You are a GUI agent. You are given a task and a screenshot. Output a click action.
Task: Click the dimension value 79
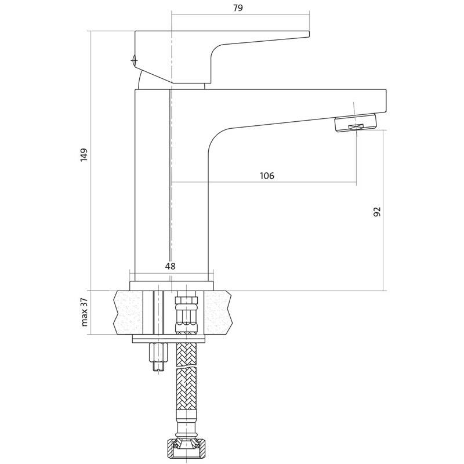point(238,8)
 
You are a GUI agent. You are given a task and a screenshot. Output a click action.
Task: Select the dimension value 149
point(84,155)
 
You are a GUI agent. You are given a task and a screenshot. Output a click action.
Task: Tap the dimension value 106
point(267,176)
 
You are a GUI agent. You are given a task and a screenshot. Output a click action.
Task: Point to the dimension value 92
point(377,212)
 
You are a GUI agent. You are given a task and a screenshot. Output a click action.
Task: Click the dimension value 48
point(170,266)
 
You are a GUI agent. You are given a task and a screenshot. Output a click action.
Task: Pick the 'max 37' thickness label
point(84,312)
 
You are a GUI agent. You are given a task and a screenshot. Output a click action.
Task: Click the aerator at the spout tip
point(356,124)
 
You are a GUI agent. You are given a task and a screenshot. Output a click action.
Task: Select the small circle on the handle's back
point(135,61)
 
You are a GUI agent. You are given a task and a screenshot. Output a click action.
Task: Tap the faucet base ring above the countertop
point(172,285)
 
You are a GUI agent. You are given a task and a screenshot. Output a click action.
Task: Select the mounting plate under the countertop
point(169,339)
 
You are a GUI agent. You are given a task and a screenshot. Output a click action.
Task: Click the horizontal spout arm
point(296,107)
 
